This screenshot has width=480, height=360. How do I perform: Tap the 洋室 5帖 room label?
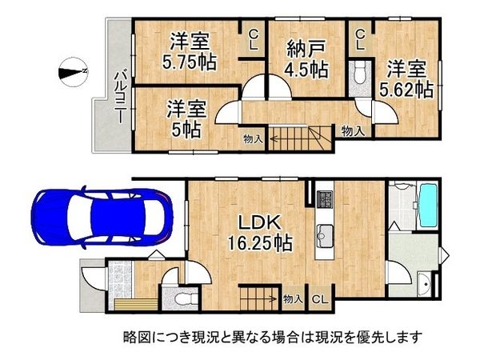pyautogui.click(x=184, y=117)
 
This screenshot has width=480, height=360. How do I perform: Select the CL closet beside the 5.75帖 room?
pyautogui.click(x=254, y=39)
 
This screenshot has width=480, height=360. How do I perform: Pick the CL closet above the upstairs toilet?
pyautogui.click(x=361, y=39)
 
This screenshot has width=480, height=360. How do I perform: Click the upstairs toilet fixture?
pyautogui.click(x=360, y=73)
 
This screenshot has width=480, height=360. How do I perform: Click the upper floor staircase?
pyautogui.click(x=297, y=140)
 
